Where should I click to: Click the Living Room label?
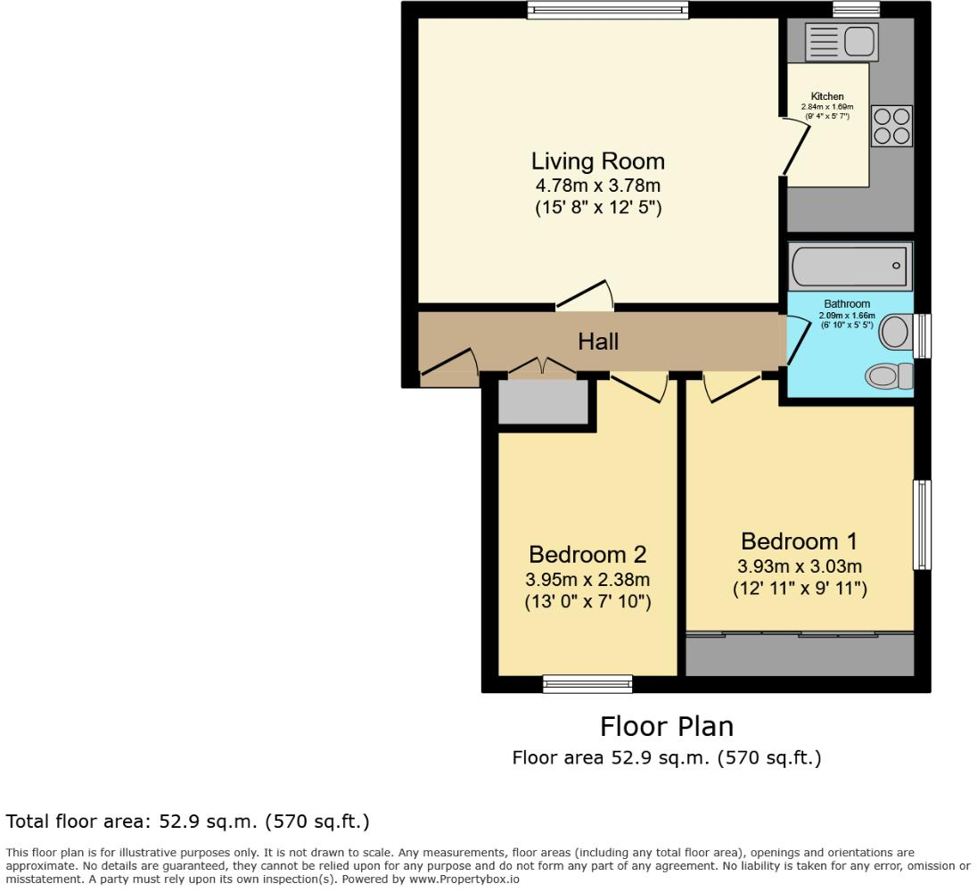[597, 161]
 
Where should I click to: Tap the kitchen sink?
[842, 41]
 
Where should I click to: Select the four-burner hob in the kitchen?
[891, 126]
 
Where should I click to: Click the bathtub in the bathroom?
[850, 266]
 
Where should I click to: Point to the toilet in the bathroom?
[889, 376]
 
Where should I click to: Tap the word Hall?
[598, 341]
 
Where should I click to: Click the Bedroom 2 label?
[587, 554]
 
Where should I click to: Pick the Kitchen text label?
[826, 96]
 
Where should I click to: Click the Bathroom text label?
[847, 304]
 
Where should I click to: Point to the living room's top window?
[607, 10]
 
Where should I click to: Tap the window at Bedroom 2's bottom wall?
[587, 684]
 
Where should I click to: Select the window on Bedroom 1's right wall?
[923, 524]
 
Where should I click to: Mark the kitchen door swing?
[795, 147]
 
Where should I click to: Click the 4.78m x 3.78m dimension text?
[597, 186]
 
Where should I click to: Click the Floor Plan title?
[666, 726]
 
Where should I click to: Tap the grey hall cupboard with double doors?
[542, 401]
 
